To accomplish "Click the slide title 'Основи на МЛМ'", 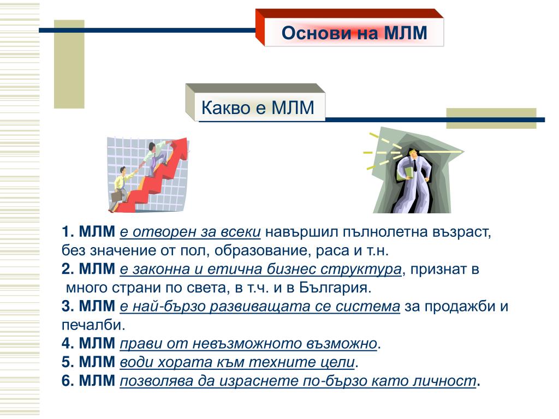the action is click(x=354, y=33).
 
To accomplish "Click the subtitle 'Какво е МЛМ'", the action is click(x=258, y=107).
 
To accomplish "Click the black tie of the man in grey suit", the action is click(x=415, y=166).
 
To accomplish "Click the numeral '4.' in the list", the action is click(x=68, y=344).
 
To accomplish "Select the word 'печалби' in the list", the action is click(x=91, y=325).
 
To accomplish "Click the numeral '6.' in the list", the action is click(x=68, y=380).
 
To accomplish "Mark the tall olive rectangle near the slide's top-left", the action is click(x=69, y=64).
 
